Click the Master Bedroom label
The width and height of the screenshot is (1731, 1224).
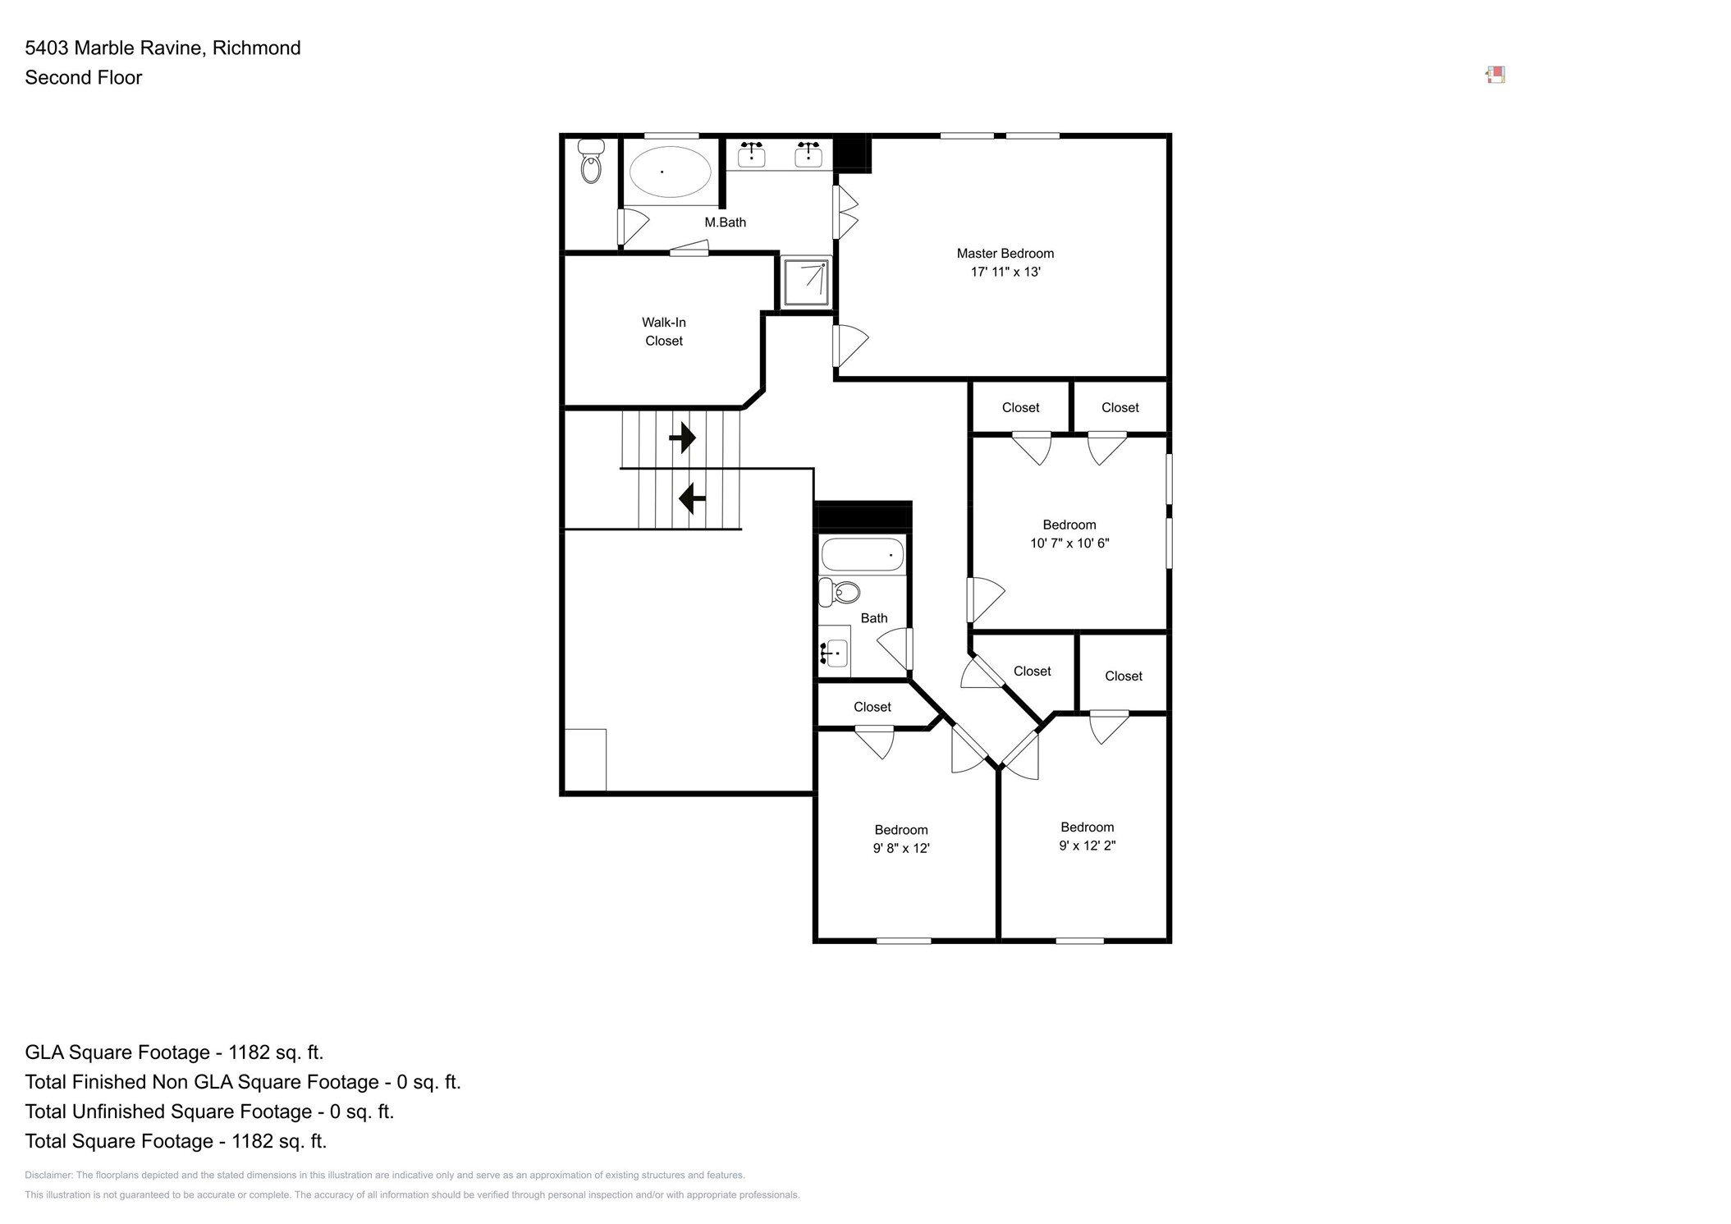tap(1005, 254)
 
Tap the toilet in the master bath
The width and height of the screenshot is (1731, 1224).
tap(590, 161)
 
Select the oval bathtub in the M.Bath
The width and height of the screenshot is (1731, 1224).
tap(670, 172)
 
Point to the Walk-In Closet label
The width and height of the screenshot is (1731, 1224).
tap(663, 332)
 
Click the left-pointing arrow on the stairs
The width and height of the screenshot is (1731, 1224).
tap(692, 497)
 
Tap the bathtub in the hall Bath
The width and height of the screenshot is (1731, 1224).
tap(862, 554)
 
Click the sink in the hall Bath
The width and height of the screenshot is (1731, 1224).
tap(834, 652)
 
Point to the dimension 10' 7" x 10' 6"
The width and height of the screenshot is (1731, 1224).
tap(1069, 543)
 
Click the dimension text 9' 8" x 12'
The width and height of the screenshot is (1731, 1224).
tap(900, 848)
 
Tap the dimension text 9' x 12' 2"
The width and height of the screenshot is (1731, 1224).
tap(1087, 846)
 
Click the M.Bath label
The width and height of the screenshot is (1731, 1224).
tap(725, 222)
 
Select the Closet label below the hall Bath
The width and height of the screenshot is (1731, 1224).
tap(872, 707)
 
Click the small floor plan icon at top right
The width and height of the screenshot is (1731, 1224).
tap(1495, 76)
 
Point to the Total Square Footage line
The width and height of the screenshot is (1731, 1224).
tap(176, 1141)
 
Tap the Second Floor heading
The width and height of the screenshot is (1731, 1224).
tap(84, 78)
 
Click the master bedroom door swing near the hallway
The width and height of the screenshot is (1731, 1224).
tap(850, 346)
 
